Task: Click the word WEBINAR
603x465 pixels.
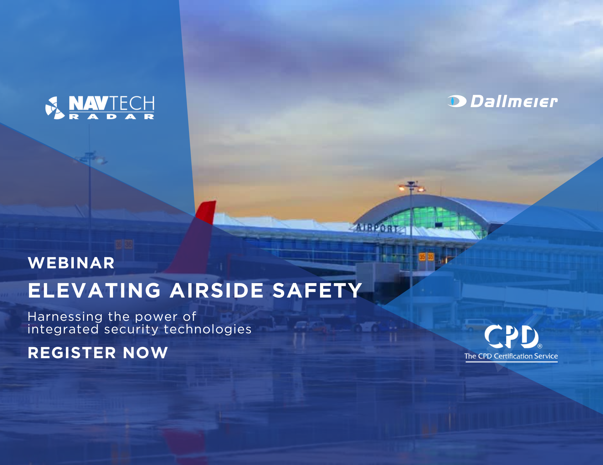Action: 71,263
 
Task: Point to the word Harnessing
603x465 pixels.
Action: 65,317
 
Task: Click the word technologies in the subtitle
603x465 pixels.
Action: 208,329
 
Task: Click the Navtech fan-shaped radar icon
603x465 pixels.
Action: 55,108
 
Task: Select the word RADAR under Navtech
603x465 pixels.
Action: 111,117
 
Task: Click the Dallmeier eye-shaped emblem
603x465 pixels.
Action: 457,101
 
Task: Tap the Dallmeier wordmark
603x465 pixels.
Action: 514,101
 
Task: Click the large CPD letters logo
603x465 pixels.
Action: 512,337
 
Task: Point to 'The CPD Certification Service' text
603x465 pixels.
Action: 511,356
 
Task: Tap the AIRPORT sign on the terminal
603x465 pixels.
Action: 377,227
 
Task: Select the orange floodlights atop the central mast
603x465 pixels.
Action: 412,188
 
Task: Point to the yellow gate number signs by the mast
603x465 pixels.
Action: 426,257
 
